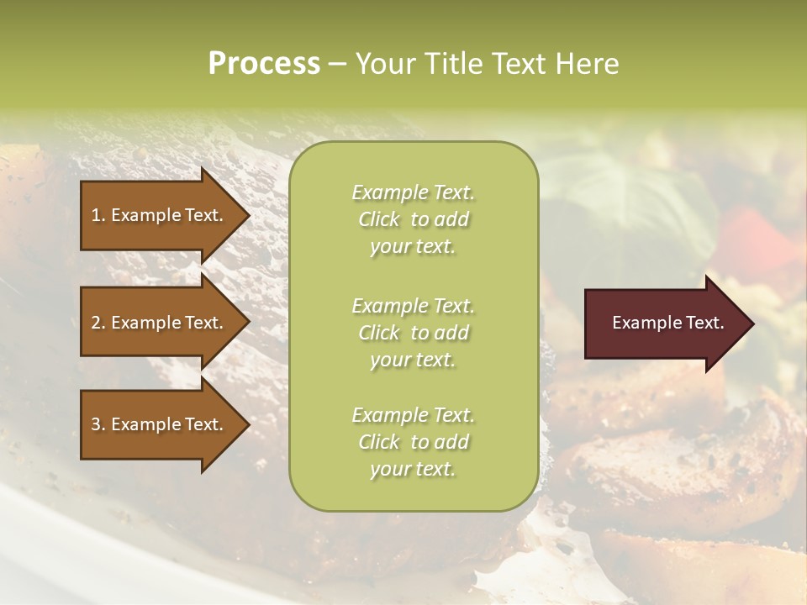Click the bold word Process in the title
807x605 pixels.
[x=264, y=64]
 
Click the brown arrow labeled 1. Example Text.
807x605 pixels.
[x=160, y=215]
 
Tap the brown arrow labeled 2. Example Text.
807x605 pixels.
[x=160, y=323]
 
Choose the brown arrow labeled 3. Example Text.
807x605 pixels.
[x=160, y=424]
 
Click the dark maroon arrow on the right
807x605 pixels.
[x=664, y=323]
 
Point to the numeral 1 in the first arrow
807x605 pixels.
[x=96, y=215]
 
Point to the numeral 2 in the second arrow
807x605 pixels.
[x=96, y=323]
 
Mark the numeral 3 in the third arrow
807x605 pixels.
[x=96, y=424]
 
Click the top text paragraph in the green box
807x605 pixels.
[x=413, y=219]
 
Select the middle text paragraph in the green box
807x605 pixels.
[x=413, y=332]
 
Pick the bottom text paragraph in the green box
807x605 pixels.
[x=413, y=442]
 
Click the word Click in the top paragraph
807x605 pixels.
[x=379, y=219]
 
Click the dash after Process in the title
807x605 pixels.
[x=337, y=64]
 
